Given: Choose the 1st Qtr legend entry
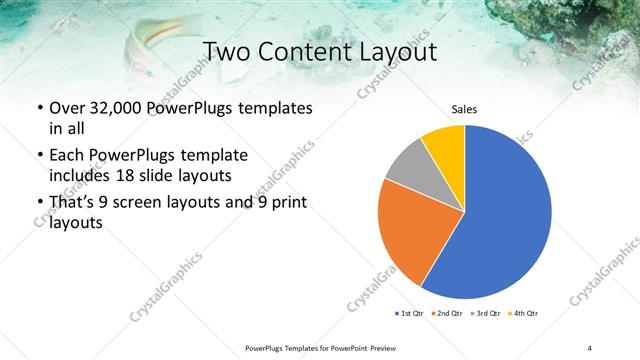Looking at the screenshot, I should [409, 313].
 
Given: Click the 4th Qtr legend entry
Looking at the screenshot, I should [525, 313].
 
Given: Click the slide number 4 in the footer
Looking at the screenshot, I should [589, 347].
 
